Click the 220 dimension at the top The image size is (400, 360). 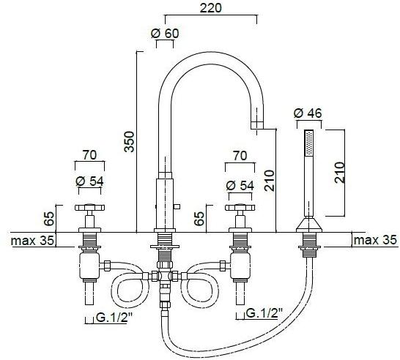point(210,8)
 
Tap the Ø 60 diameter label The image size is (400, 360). point(165,34)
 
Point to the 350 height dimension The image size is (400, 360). point(130,142)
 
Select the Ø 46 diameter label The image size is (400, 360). point(308,113)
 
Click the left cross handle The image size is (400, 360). point(90,208)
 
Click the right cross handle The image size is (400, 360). point(240,208)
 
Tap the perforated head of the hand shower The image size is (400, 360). point(309,142)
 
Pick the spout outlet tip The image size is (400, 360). point(257,126)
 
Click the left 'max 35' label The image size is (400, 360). point(32,241)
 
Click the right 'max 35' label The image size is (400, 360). point(375,240)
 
